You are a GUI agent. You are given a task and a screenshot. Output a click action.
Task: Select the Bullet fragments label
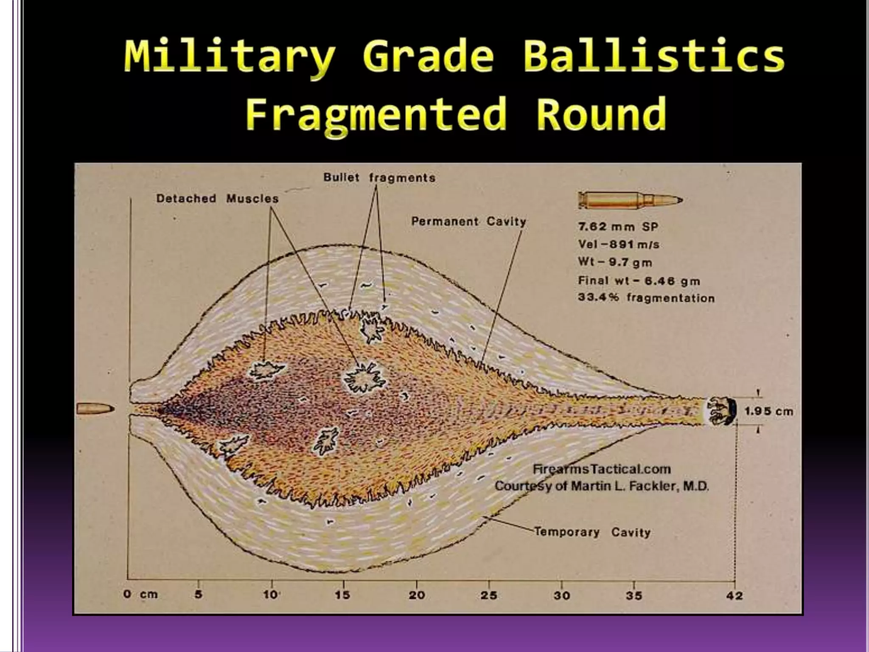pyautogui.click(x=379, y=177)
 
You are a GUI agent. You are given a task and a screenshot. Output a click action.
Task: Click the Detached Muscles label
pyautogui.click(x=217, y=198)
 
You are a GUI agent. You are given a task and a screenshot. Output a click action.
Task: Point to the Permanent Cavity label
pyautogui.click(x=468, y=221)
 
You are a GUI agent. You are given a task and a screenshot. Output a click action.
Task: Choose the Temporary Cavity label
pyautogui.click(x=592, y=532)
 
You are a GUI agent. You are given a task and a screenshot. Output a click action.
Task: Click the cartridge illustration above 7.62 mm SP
pyautogui.click(x=630, y=200)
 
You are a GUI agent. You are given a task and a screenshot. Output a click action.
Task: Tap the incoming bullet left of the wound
pyautogui.click(x=95, y=409)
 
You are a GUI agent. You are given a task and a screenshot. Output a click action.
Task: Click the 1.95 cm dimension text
pyautogui.click(x=768, y=411)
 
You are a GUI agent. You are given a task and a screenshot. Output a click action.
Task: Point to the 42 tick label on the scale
pyautogui.click(x=734, y=596)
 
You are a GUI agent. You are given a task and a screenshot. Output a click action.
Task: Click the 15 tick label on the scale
pyautogui.click(x=342, y=595)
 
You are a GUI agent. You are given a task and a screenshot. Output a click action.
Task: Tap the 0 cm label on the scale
pyautogui.click(x=140, y=594)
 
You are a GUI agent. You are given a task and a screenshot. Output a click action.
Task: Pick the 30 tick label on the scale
pyautogui.click(x=561, y=595)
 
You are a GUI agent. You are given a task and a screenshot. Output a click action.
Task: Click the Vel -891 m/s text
pyautogui.click(x=618, y=244)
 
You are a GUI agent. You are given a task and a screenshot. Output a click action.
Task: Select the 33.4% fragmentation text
pyautogui.click(x=646, y=298)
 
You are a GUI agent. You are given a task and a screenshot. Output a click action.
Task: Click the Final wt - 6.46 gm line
pyautogui.click(x=639, y=281)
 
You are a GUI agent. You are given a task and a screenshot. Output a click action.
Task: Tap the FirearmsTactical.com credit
pyautogui.click(x=601, y=469)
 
